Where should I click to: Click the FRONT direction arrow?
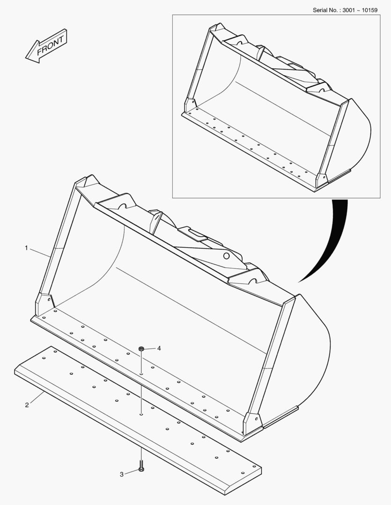pyautogui.click(x=46, y=46)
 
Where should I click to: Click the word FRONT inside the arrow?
pyautogui.click(x=51, y=45)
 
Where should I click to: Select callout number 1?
pyautogui.click(x=26, y=248)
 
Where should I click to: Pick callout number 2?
pyautogui.click(x=27, y=405)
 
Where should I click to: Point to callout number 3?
pyautogui.click(x=122, y=475)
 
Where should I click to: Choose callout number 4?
pyautogui.click(x=159, y=348)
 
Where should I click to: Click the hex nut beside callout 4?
pyautogui.click(x=141, y=348)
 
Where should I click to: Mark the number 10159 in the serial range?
pyautogui.click(x=369, y=10)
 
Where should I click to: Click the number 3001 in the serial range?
pyautogui.click(x=348, y=10)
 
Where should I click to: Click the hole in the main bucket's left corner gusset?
pyautogui.click(x=49, y=299)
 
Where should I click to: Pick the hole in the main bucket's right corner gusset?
pyautogui.click(x=256, y=419)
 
